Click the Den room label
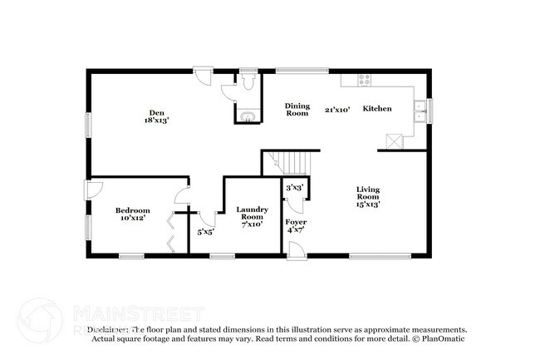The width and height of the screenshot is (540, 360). click(155, 112)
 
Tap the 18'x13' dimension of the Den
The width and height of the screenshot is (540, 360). click(155, 121)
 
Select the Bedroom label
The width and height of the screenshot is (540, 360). click(132, 210)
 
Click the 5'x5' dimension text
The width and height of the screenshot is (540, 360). click(204, 231)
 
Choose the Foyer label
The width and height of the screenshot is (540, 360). click(296, 222)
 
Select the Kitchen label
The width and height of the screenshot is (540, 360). click(376, 109)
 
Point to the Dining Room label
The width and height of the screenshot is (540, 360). click(297, 109)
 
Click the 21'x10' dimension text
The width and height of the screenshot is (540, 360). click(337, 109)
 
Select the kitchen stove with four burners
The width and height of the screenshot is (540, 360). click(363, 80)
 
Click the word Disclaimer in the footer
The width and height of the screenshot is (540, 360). click(110, 329)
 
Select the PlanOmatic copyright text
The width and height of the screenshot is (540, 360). click(439, 338)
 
